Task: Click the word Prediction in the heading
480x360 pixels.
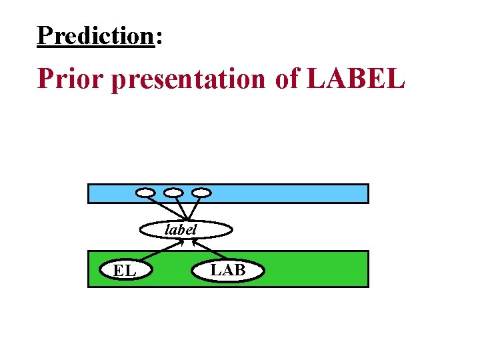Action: point(95,35)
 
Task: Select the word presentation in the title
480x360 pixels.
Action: point(188,79)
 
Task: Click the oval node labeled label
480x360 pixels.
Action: point(186,230)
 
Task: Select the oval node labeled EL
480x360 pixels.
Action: point(125,271)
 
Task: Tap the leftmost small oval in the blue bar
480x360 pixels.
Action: point(145,193)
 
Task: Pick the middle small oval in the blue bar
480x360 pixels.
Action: point(173,193)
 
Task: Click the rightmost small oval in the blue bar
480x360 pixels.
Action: point(201,193)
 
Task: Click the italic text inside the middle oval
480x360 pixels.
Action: point(181,229)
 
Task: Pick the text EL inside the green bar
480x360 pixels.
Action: point(125,271)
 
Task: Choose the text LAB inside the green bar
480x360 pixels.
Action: point(228,269)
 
